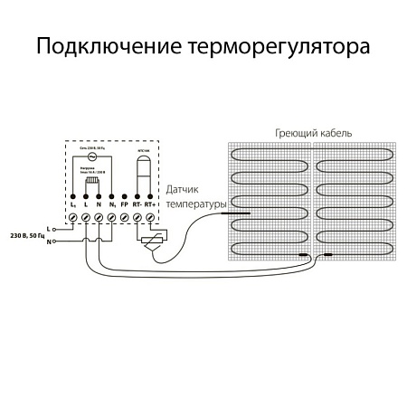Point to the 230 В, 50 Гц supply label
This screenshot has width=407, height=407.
click(24, 235)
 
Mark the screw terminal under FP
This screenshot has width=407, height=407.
click(123, 217)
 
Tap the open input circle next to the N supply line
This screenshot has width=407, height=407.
click(53, 241)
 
